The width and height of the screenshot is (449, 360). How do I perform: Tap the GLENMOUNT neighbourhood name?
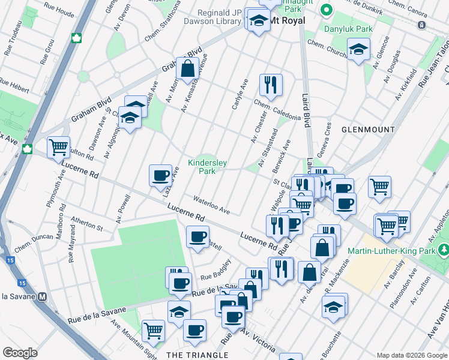[x=368, y=130]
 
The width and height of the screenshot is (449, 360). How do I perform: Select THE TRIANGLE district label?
[x=197, y=355]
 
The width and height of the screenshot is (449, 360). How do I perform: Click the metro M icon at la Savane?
[x=43, y=296]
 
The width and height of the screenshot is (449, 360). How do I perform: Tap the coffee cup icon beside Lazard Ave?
[x=160, y=175]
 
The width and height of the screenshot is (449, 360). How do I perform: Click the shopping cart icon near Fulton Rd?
[x=58, y=146]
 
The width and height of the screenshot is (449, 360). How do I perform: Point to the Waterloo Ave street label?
[x=211, y=205]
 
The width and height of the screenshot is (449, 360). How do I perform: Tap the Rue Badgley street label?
[x=216, y=268]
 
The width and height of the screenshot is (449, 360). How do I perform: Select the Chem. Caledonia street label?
[x=277, y=110]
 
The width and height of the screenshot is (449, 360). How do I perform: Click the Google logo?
[x=20, y=353]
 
